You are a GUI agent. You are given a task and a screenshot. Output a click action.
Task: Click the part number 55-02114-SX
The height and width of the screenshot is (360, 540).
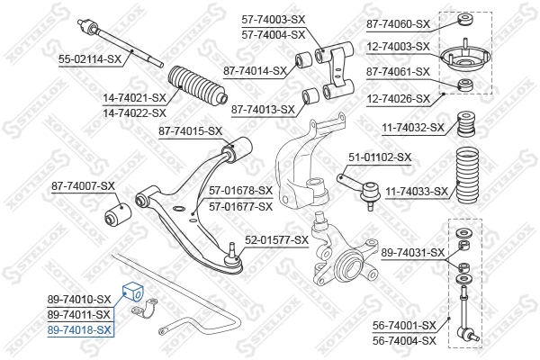pyautogui.click(x=89, y=58)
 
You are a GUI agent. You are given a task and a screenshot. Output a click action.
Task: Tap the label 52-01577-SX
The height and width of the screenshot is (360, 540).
pyautogui.click(x=277, y=241)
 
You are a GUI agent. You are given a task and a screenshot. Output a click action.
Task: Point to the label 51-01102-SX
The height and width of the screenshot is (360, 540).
pyautogui.click(x=380, y=157)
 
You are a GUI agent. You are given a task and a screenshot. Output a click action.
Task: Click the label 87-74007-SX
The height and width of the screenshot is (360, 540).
pyautogui.click(x=83, y=186)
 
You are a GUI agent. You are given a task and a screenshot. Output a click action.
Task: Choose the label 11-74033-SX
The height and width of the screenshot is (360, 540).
pyautogui.click(x=416, y=192)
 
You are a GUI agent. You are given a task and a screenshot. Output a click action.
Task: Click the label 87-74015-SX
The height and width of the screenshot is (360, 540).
pyautogui.click(x=190, y=131)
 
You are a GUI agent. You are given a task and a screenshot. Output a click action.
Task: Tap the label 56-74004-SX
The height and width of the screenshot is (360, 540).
pyautogui.click(x=405, y=341)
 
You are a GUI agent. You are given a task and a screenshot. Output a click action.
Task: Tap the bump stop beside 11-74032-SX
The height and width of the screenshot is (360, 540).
pyautogui.click(x=466, y=123)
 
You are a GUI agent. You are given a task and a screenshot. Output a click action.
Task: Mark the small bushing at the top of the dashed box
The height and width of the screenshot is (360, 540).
pyautogui.click(x=465, y=22)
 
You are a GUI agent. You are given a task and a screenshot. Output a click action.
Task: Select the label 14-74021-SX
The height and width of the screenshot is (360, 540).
pyautogui.click(x=134, y=97)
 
